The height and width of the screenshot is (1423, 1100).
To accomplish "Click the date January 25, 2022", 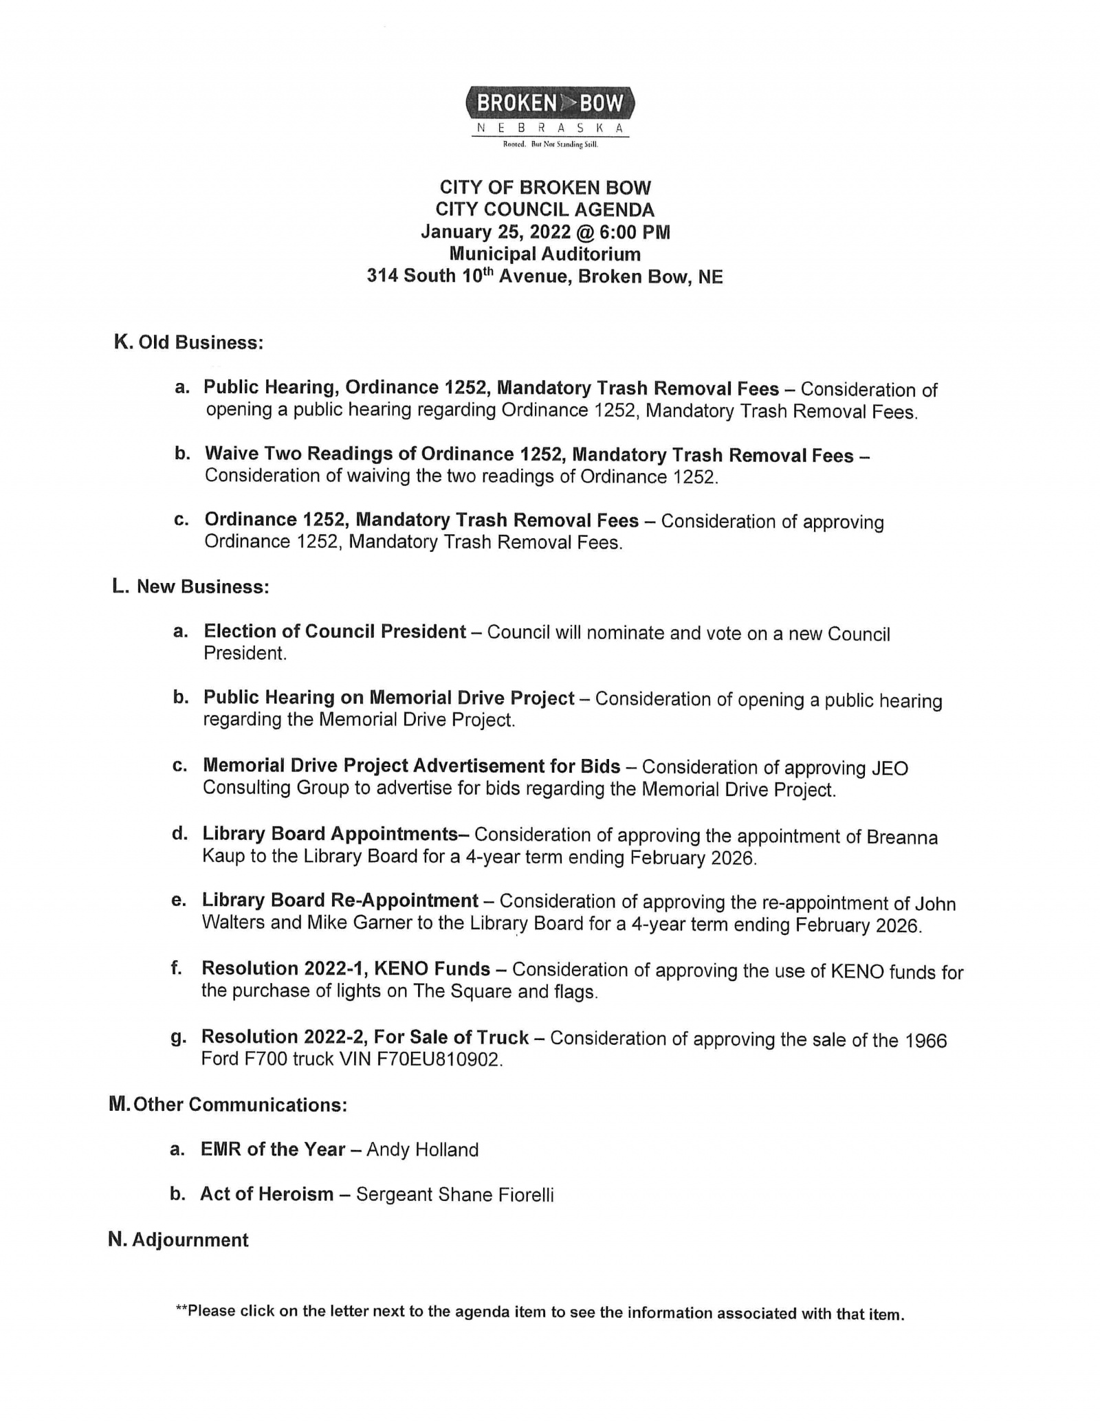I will pos(495,232).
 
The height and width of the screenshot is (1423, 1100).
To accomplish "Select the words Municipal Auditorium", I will pos(544,254).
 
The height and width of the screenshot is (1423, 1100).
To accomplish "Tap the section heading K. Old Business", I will pos(188,342).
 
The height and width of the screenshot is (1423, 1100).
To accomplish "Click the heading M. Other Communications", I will pos(228,1105).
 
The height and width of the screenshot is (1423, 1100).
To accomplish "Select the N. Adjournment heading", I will pos(178,1239).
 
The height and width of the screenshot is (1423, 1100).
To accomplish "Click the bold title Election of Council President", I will pos(335,631).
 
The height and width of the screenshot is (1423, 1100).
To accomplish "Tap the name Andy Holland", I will pos(422,1149).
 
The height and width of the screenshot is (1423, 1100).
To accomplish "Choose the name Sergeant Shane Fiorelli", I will pos(454,1195).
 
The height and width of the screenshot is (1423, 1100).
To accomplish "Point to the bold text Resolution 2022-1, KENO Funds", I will pos(345,969).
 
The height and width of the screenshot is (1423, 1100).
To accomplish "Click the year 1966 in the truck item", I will pos(926,1041).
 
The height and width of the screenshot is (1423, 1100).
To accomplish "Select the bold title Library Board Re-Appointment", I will pos(340,901).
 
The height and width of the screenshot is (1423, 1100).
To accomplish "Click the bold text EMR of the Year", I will pos(272,1149).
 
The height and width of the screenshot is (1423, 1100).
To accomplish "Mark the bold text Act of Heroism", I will pos(267,1194).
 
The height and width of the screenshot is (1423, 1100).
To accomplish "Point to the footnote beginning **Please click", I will pos(540,1312).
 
